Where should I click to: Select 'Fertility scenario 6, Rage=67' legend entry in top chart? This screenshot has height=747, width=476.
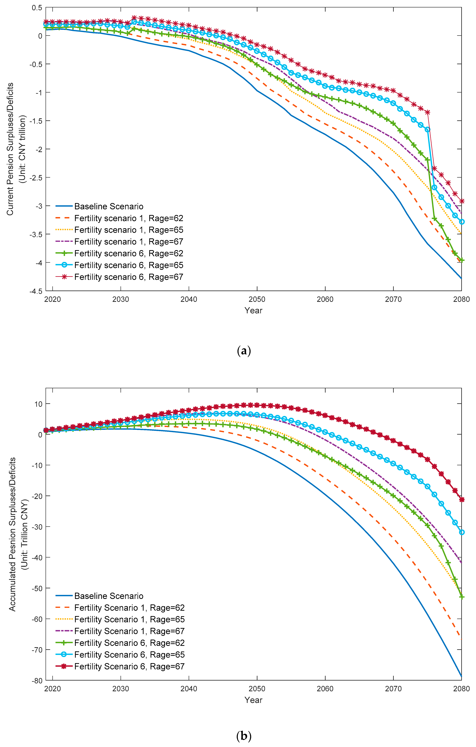point(129,277)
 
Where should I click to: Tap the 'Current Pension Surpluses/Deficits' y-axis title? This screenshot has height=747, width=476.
point(10,149)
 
